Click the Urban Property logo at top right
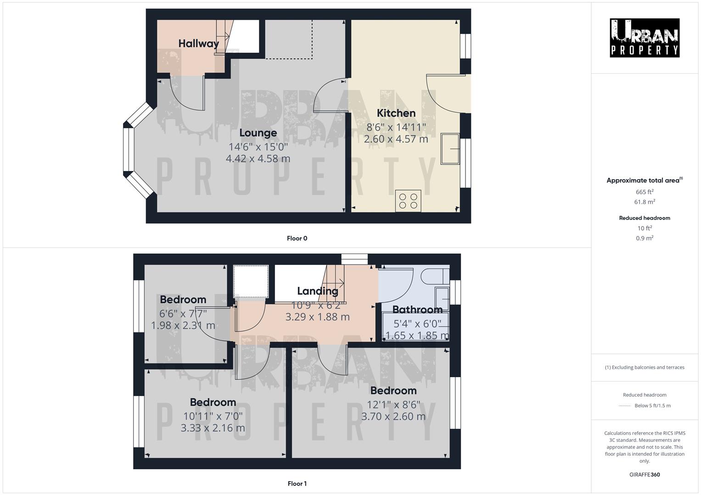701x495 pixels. coord(645,38)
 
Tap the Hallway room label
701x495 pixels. coord(198,44)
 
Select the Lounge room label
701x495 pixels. coord(258,133)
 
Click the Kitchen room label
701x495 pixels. coord(396,113)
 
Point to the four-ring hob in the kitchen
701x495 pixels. coord(408,201)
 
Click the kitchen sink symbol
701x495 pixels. coord(450,148)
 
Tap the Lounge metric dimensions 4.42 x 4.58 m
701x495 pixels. coord(258,159)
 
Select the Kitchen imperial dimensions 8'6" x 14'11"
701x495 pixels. coord(396,127)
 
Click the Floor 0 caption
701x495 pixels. coord(297,238)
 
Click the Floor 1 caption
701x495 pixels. coord(297,484)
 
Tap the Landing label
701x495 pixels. coord(317,291)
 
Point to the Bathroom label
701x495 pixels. coord(417,309)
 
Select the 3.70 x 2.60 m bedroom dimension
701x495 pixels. coord(393,417)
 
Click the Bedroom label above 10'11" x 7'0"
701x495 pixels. coord(213,402)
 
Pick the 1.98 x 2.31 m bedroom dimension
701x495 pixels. coord(183,325)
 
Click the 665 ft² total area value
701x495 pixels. coord(645,192)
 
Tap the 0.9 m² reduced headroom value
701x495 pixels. coord(645,238)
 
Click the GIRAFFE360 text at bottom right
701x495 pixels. coord(645,475)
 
